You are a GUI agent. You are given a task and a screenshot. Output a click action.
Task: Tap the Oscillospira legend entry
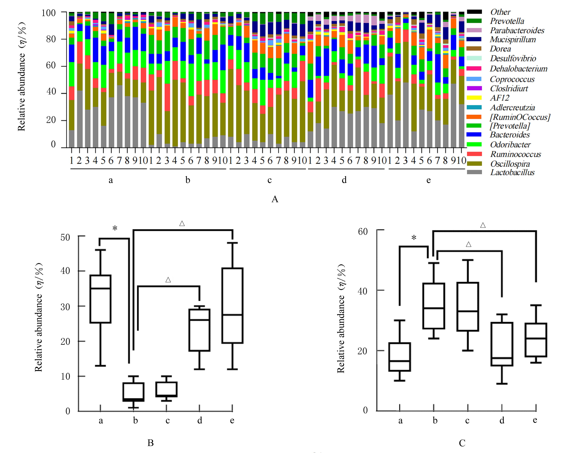click(x=510, y=164)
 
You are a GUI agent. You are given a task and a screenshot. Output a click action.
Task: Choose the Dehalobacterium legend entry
click(x=518, y=69)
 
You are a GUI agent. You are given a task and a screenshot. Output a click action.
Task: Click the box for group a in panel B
click(x=100, y=299)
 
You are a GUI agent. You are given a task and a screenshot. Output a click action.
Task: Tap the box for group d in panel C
click(x=502, y=344)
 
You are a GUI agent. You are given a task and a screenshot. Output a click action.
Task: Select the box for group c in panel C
click(x=468, y=307)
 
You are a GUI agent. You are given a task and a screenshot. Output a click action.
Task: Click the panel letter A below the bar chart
click(x=275, y=199)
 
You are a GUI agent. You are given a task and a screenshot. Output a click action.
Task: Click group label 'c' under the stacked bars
click(x=269, y=180)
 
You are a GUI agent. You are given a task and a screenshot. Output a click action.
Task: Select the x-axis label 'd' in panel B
click(x=200, y=420)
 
